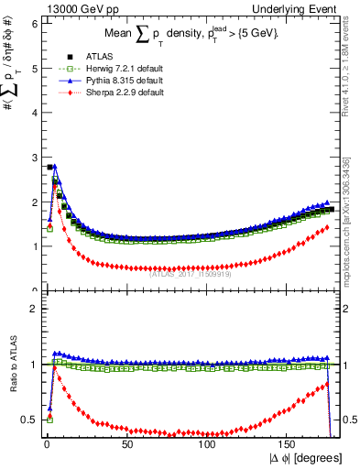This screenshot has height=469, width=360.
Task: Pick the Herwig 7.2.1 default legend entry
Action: coord(106,69)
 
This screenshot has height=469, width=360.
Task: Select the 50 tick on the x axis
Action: coord(126,446)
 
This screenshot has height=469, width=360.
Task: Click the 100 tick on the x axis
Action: coord(208,446)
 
